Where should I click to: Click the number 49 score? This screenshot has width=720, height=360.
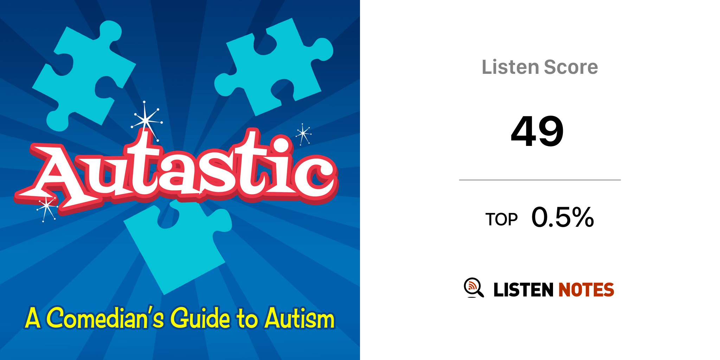coord(537,131)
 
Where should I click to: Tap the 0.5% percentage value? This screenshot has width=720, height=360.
coord(562,217)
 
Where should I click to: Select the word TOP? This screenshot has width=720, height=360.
coord(501,219)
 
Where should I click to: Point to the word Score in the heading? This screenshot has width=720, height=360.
coord(571,67)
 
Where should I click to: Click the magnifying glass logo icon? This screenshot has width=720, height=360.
coord(474,288)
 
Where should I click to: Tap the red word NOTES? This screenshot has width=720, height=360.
coord(586,290)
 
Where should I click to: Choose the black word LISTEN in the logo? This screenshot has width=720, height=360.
coord(523,290)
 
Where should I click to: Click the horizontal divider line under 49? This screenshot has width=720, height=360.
coord(540,180)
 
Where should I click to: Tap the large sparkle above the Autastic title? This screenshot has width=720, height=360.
coord(147,121)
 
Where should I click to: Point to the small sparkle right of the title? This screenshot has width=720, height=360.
coord(303,134)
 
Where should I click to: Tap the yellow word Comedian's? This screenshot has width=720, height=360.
coord(105,317)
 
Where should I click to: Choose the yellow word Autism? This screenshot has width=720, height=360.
coord(300,318)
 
